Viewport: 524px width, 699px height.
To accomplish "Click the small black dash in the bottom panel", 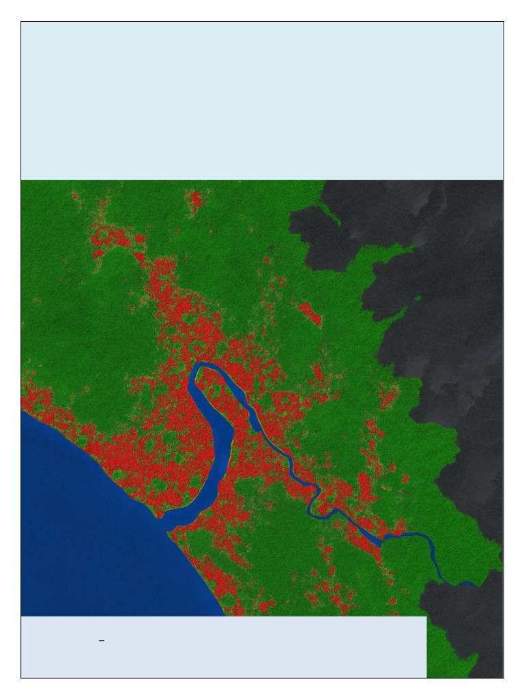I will point(101,641).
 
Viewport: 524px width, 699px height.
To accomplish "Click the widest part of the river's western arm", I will point(219,444).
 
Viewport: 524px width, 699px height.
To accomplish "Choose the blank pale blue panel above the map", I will point(262,101).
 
